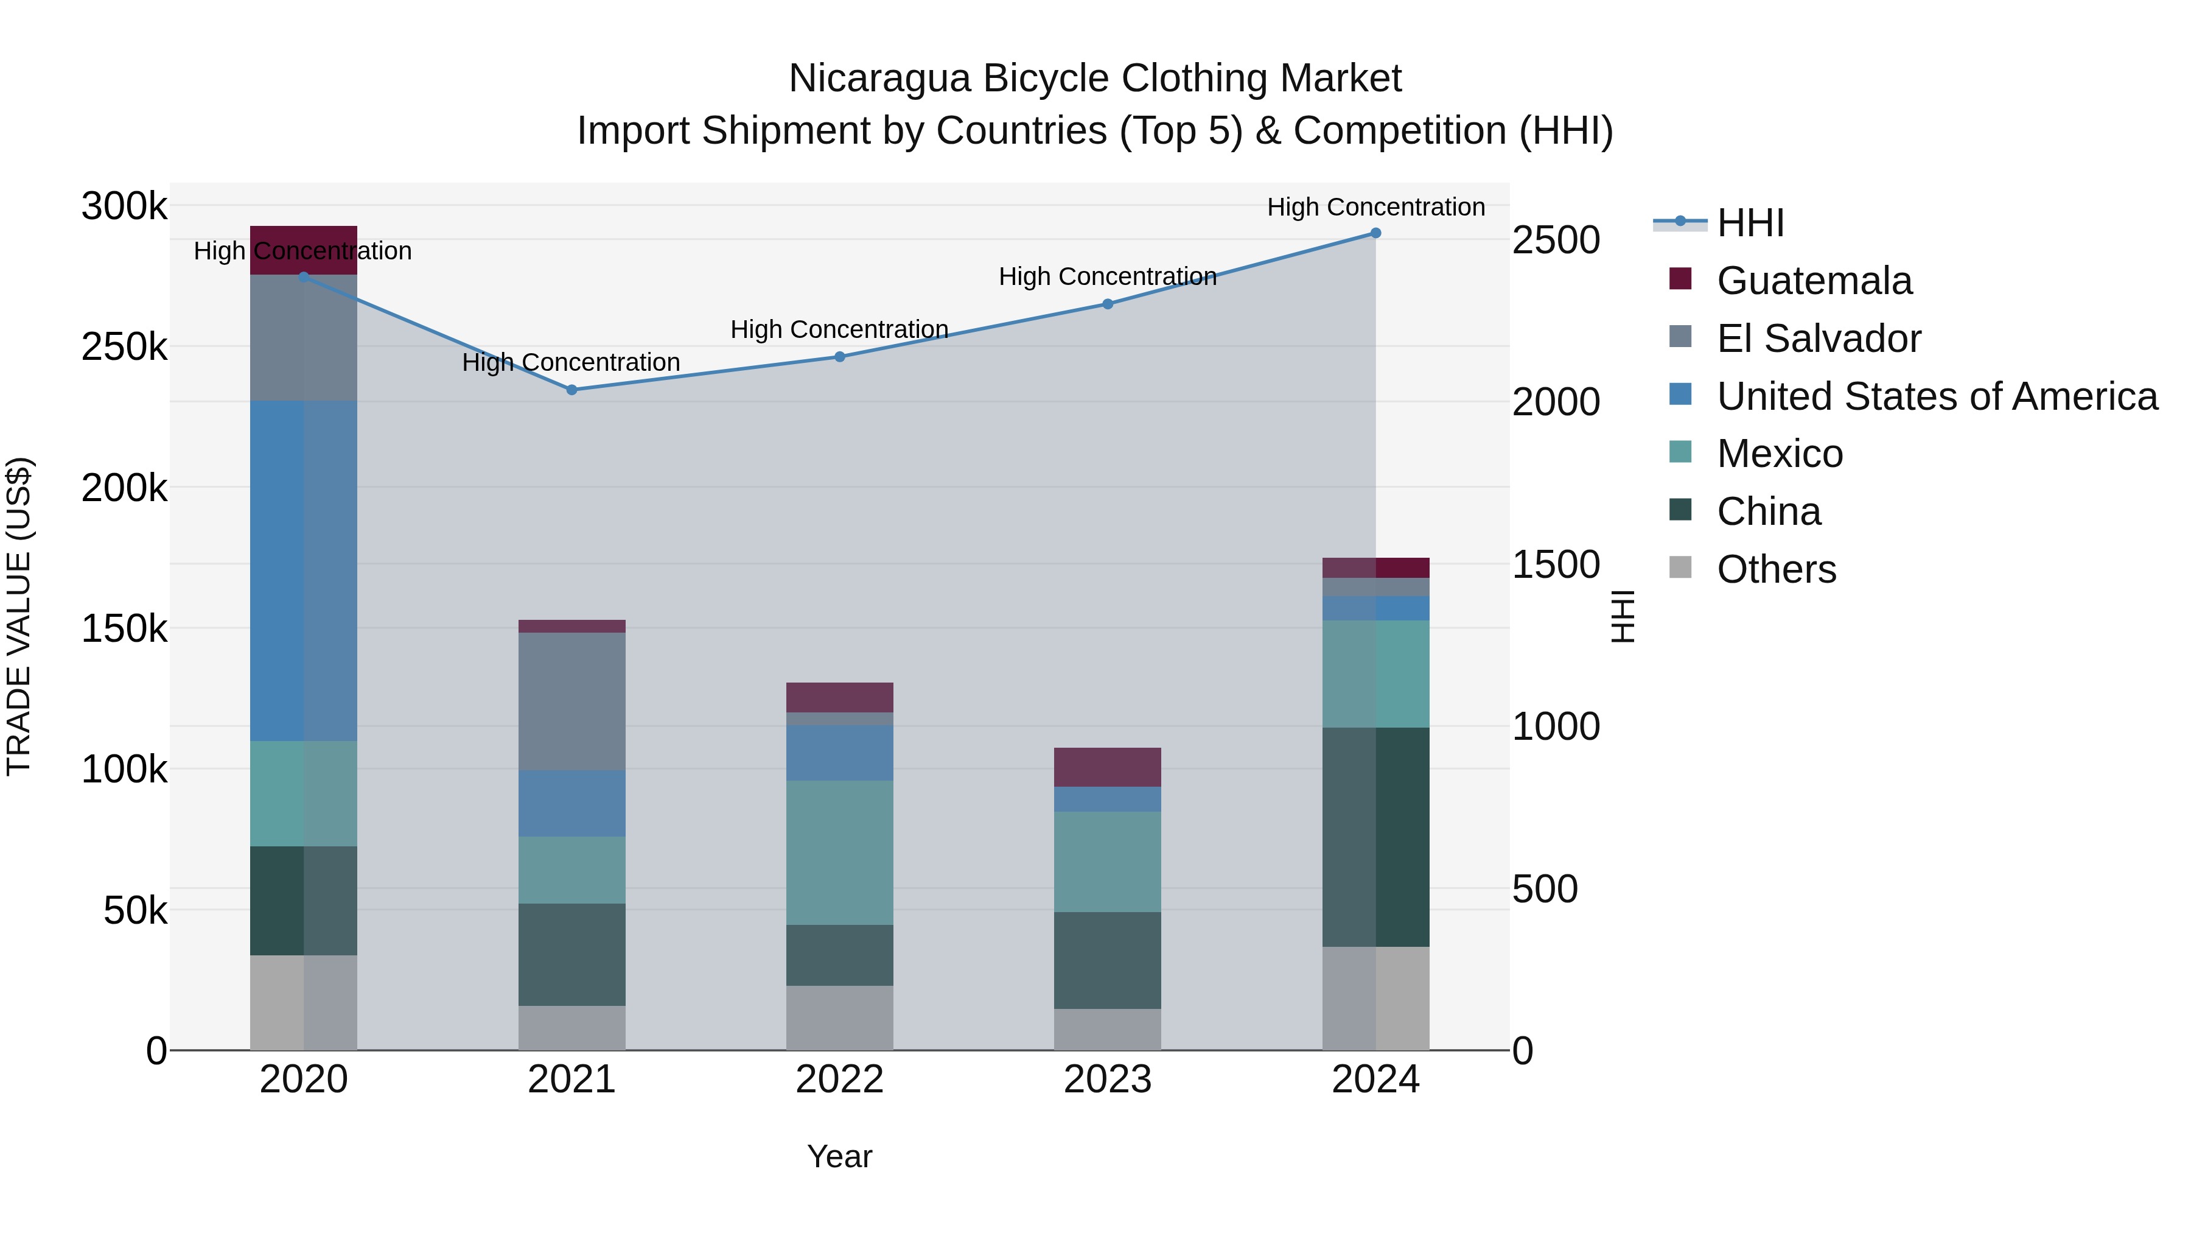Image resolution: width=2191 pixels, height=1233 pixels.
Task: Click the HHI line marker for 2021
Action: (571, 390)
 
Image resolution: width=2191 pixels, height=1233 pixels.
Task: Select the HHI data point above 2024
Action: (1375, 233)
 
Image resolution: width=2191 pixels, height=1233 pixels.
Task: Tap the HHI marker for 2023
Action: (1108, 304)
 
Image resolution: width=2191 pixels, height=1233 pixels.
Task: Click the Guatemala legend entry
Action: (1814, 281)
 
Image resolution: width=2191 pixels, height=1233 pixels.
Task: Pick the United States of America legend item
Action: (1936, 396)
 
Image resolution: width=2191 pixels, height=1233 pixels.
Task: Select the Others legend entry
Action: (1776, 569)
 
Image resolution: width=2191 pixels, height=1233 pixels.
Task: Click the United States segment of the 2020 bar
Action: (304, 570)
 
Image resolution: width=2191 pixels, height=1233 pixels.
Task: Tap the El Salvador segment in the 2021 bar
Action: (571, 701)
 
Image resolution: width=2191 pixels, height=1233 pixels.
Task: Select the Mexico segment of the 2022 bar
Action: (839, 852)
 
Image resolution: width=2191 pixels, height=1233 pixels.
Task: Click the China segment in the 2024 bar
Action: (1375, 837)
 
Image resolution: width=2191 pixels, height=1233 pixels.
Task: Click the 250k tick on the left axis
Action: (124, 347)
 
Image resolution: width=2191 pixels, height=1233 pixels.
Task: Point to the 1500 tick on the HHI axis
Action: (1556, 564)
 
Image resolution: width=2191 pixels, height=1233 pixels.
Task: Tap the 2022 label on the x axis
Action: (839, 1080)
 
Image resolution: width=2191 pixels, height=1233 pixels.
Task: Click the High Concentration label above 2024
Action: (1375, 207)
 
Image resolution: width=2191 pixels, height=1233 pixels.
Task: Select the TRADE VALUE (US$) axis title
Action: (19, 616)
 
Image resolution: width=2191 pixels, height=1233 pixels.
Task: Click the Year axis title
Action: (839, 1156)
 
